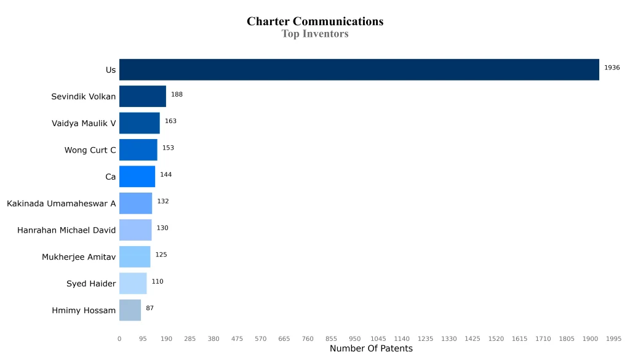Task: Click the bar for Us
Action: (x=359, y=70)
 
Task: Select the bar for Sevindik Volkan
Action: (x=142, y=97)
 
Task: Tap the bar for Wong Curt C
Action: (x=138, y=150)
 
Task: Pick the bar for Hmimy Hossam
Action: (x=130, y=310)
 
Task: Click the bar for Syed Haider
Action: (x=133, y=283)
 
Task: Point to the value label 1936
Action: (x=612, y=68)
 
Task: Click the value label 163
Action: (x=170, y=121)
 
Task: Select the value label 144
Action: (x=165, y=175)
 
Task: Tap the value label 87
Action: (x=150, y=308)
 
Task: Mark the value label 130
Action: (x=162, y=228)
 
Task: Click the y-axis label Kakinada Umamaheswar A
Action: (x=61, y=204)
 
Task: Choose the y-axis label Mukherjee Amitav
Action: (x=79, y=257)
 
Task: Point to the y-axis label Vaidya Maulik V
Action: (x=84, y=124)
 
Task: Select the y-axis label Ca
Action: (x=110, y=177)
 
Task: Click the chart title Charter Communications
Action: (x=315, y=22)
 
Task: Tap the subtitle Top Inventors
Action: (x=315, y=34)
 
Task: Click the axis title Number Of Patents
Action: (x=371, y=349)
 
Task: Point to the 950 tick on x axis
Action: (x=354, y=338)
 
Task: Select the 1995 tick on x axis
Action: (x=613, y=338)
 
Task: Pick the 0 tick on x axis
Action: (x=119, y=338)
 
